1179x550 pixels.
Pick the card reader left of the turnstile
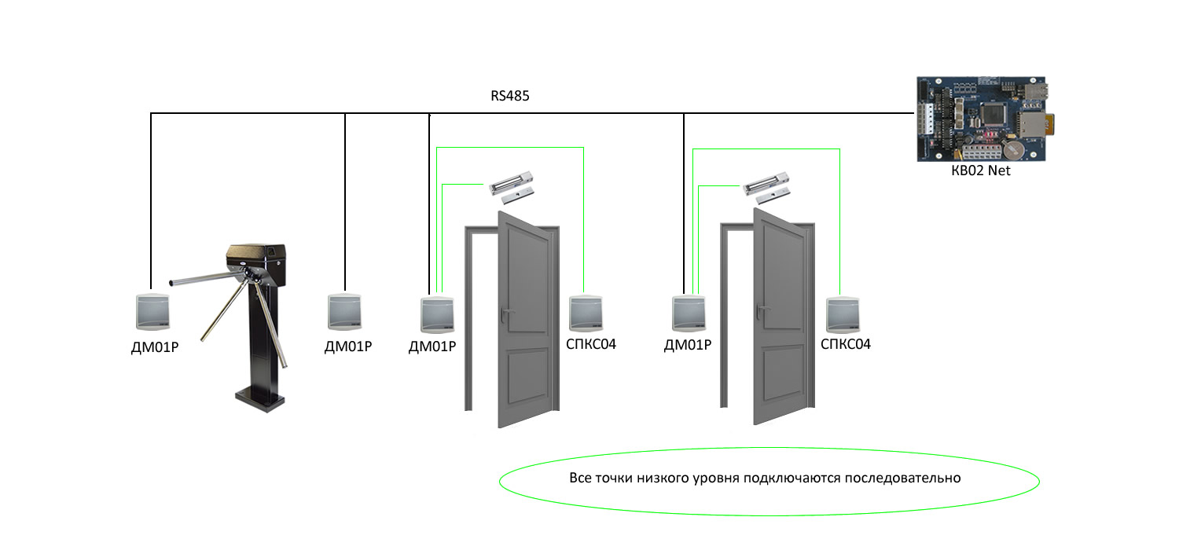pyautogui.click(x=154, y=312)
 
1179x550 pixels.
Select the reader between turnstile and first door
pyautogui.click(x=347, y=312)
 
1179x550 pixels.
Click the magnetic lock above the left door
pyautogui.click(x=512, y=185)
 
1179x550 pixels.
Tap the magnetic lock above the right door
pyautogui.click(x=767, y=186)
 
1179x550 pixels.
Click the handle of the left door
pyautogui.click(x=507, y=313)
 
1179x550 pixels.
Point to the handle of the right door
pyautogui.click(x=762, y=313)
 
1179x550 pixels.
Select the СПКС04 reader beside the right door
pyautogui.click(x=843, y=313)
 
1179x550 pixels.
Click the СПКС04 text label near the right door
pyautogui.click(x=846, y=345)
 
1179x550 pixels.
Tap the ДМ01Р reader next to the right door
pyautogui.click(x=689, y=313)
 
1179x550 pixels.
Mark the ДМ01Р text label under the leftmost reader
pyautogui.click(x=155, y=346)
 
